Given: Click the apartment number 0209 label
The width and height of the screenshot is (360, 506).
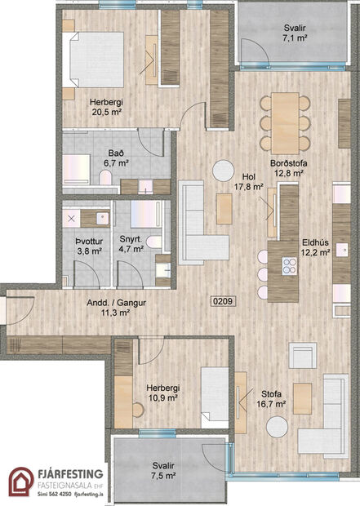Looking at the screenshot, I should coord(224,301).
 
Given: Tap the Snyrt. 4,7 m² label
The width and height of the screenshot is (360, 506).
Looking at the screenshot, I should coord(132,246).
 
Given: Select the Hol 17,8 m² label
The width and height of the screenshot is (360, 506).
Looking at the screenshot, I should coord(248,181).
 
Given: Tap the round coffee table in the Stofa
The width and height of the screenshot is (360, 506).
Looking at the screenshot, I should coord(277,426).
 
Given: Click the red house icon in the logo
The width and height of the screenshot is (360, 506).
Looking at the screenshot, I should coord(21,482).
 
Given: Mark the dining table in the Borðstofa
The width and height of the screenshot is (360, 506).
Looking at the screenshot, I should coord(287,112).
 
